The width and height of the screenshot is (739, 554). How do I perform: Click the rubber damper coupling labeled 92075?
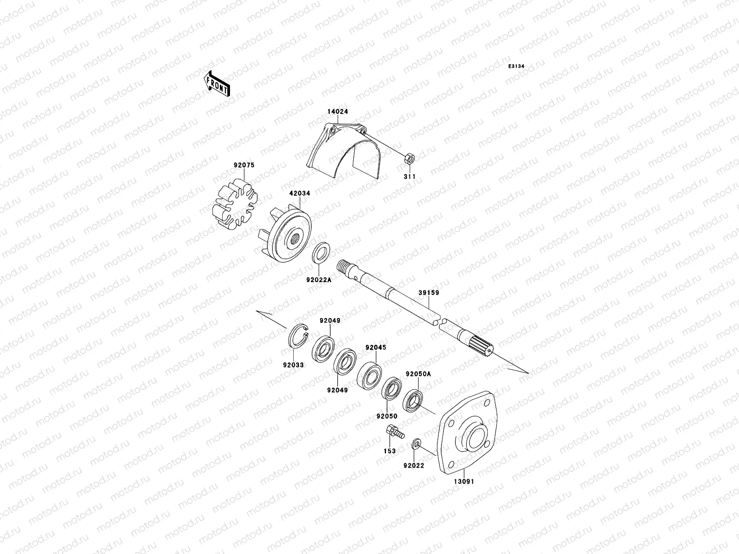coord(234,204)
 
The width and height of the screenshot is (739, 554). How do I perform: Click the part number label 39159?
coord(429,293)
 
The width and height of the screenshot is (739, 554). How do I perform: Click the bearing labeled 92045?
coord(370,375)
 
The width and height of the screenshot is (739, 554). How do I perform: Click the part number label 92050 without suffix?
coord(387,416)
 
